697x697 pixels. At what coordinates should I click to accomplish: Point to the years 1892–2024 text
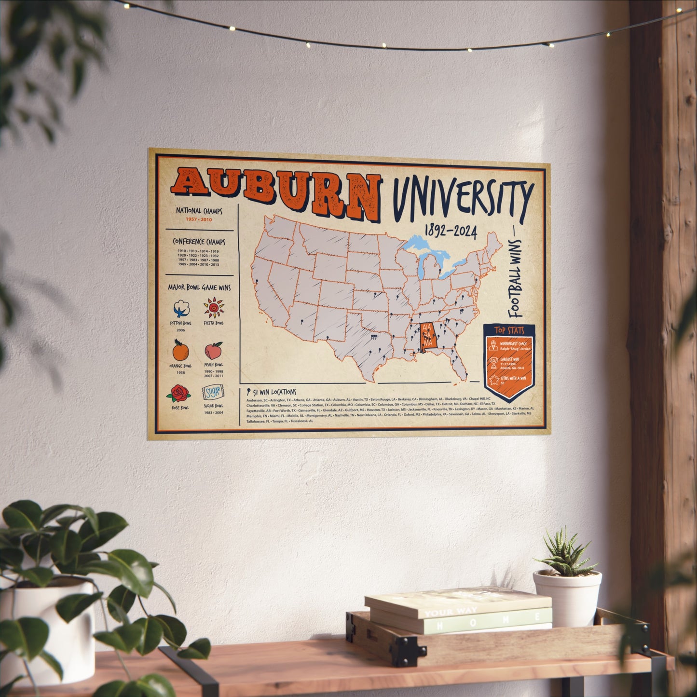coord(451,232)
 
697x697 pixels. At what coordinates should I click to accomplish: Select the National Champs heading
coord(199,211)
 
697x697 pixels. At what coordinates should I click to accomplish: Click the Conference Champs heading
coord(199,242)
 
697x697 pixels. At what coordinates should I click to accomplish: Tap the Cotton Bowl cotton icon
coord(181,308)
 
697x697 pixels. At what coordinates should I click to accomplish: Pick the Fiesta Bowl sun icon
coord(213,307)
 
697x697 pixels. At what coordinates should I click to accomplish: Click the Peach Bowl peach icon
coord(213,350)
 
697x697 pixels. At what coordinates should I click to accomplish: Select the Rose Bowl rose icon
coord(179,394)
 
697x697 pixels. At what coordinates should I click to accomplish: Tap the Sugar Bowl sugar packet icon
coord(213,393)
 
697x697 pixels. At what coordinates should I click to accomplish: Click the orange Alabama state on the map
coord(428,336)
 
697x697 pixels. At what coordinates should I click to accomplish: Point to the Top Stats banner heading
coord(509,331)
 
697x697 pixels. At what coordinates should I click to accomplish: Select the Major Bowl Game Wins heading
coord(199,287)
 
